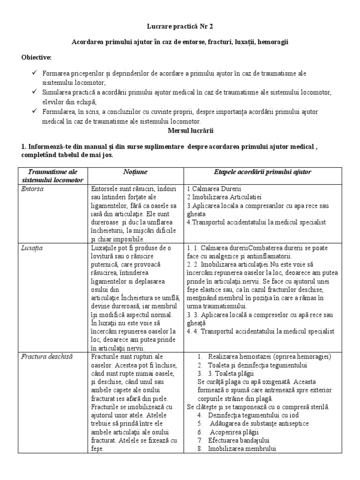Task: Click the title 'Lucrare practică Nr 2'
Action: pyautogui.click(x=180, y=27)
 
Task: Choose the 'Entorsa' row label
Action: pyautogui.click(x=32, y=188)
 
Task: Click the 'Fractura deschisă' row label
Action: pyautogui.click(x=47, y=357)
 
